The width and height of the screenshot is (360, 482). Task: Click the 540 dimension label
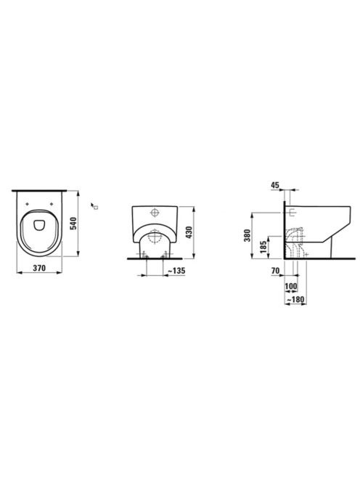(x=73, y=224)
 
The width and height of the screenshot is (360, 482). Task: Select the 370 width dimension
(x=39, y=268)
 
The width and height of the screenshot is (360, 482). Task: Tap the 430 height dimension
(x=189, y=232)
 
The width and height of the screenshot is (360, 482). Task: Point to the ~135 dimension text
(x=176, y=271)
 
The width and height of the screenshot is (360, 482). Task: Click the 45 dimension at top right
(x=275, y=185)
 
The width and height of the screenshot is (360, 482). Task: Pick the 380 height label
(x=247, y=235)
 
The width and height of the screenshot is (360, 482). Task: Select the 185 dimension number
(x=263, y=247)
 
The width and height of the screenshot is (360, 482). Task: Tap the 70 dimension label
(x=276, y=271)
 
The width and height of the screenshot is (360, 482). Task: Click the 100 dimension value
(x=291, y=287)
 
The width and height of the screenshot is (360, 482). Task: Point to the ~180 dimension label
(x=295, y=299)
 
